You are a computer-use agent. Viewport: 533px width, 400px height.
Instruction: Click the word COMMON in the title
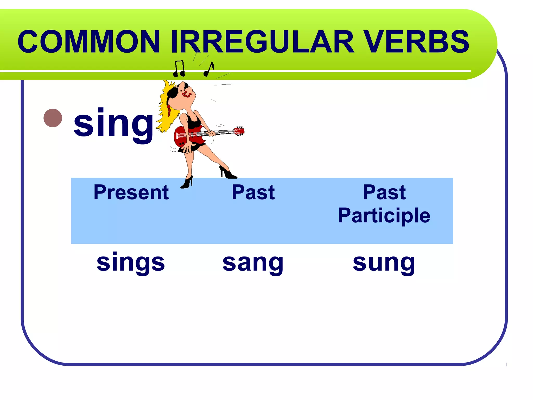coord(88,42)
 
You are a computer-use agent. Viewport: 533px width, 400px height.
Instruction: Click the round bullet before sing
coord(53,118)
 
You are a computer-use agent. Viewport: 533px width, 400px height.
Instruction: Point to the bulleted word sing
coord(113,124)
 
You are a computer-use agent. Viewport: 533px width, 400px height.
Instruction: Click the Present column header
coord(131,193)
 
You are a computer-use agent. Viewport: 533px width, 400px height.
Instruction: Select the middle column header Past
coord(253,193)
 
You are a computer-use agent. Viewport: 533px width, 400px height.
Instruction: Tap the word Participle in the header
coord(384,216)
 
